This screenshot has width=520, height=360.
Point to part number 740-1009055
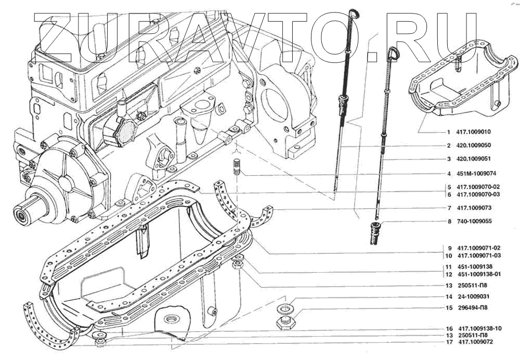click(x=474, y=222)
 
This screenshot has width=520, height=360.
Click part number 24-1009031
click(x=473, y=297)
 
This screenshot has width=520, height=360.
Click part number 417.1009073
click(x=475, y=208)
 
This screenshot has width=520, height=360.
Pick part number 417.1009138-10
click(x=480, y=329)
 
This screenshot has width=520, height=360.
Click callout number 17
click(x=448, y=342)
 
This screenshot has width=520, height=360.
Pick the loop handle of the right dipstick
click(x=393, y=52)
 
